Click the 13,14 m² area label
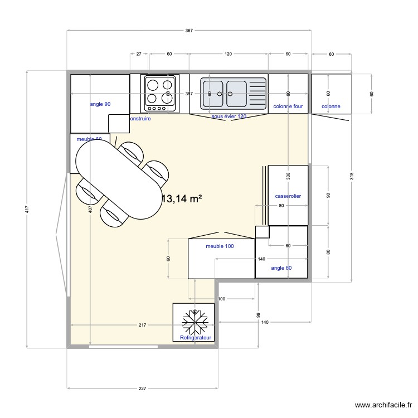pos(182,199)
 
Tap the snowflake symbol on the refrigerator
pos(194,322)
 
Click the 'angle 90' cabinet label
pos(100,104)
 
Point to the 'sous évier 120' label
pos(229,116)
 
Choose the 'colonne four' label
pos(288,106)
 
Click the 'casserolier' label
pos(288,196)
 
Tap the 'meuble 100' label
pos(220,246)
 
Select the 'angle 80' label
pos(281,268)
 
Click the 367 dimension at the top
pos(188,31)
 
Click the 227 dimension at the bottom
pos(142,388)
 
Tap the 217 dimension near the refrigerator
pos(142,325)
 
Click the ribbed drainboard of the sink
pos(257,92)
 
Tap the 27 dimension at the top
pos(139,55)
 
